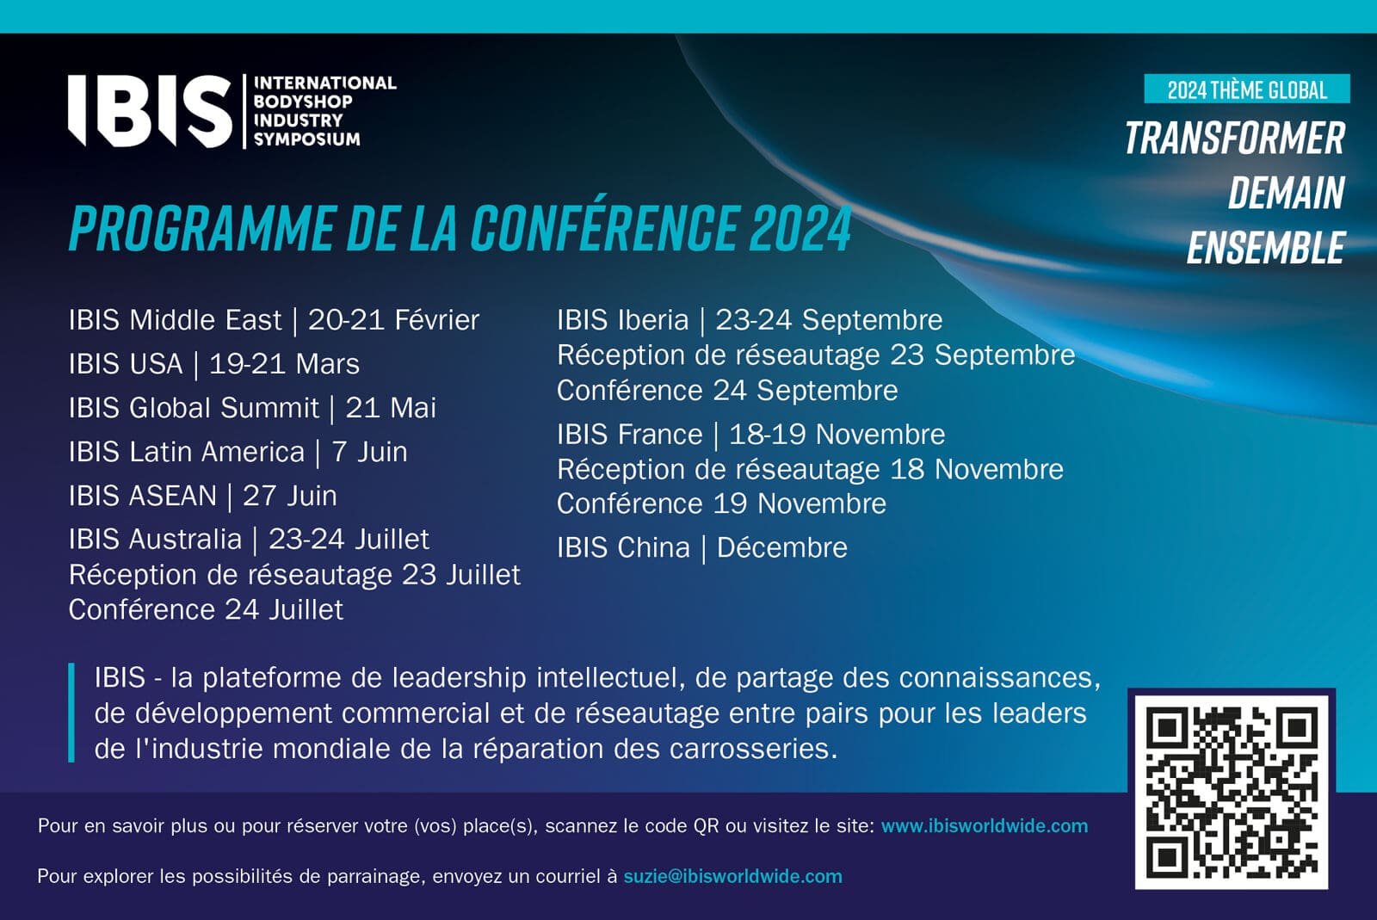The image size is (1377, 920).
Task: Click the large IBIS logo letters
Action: (150, 111)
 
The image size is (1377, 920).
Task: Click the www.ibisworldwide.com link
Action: (985, 826)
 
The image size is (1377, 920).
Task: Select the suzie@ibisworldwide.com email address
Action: (732, 876)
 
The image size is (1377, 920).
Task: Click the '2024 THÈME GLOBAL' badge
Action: (1247, 90)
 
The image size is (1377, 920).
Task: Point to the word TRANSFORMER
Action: (1235, 139)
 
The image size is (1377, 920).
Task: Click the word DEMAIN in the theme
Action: (1287, 193)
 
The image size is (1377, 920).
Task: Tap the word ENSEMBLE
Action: (1266, 248)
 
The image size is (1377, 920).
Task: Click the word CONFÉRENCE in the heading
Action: (603, 227)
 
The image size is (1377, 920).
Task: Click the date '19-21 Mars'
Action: (284, 364)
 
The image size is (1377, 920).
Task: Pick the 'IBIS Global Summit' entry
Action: (194, 408)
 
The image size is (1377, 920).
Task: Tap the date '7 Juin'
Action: (369, 453)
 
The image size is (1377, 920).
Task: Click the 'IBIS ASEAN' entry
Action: (143, 496)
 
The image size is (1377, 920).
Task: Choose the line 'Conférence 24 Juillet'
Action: (206, 610)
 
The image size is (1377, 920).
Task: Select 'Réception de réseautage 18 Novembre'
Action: (810, 470)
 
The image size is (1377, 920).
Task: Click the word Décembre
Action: (782, 547)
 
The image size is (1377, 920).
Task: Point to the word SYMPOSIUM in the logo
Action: (306, 139)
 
